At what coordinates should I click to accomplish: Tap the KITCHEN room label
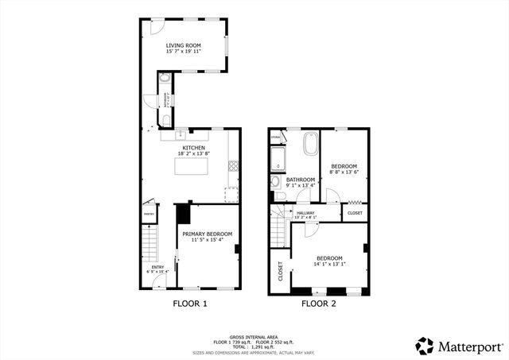pos(194,148)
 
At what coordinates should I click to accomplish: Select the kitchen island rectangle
pos(191,166)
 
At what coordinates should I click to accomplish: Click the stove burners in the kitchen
pos(234,166)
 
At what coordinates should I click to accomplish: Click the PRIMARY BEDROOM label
pos(207,234)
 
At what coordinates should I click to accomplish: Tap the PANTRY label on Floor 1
pos(149,215)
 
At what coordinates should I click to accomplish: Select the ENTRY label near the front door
pos(157,267)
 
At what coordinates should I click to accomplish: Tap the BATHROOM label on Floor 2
pos(301,180)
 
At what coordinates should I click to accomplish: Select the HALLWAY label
pos(306,212)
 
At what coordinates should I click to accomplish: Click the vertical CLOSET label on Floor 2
pos(281,271)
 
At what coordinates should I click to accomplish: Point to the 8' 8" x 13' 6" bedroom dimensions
pos(344,171)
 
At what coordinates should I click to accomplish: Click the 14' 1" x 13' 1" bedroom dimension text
pos(329,266)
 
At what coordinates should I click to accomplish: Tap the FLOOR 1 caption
pos(190,304)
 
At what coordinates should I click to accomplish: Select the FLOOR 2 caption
pos(318,304)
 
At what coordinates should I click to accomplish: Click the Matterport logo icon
pos(425,346)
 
